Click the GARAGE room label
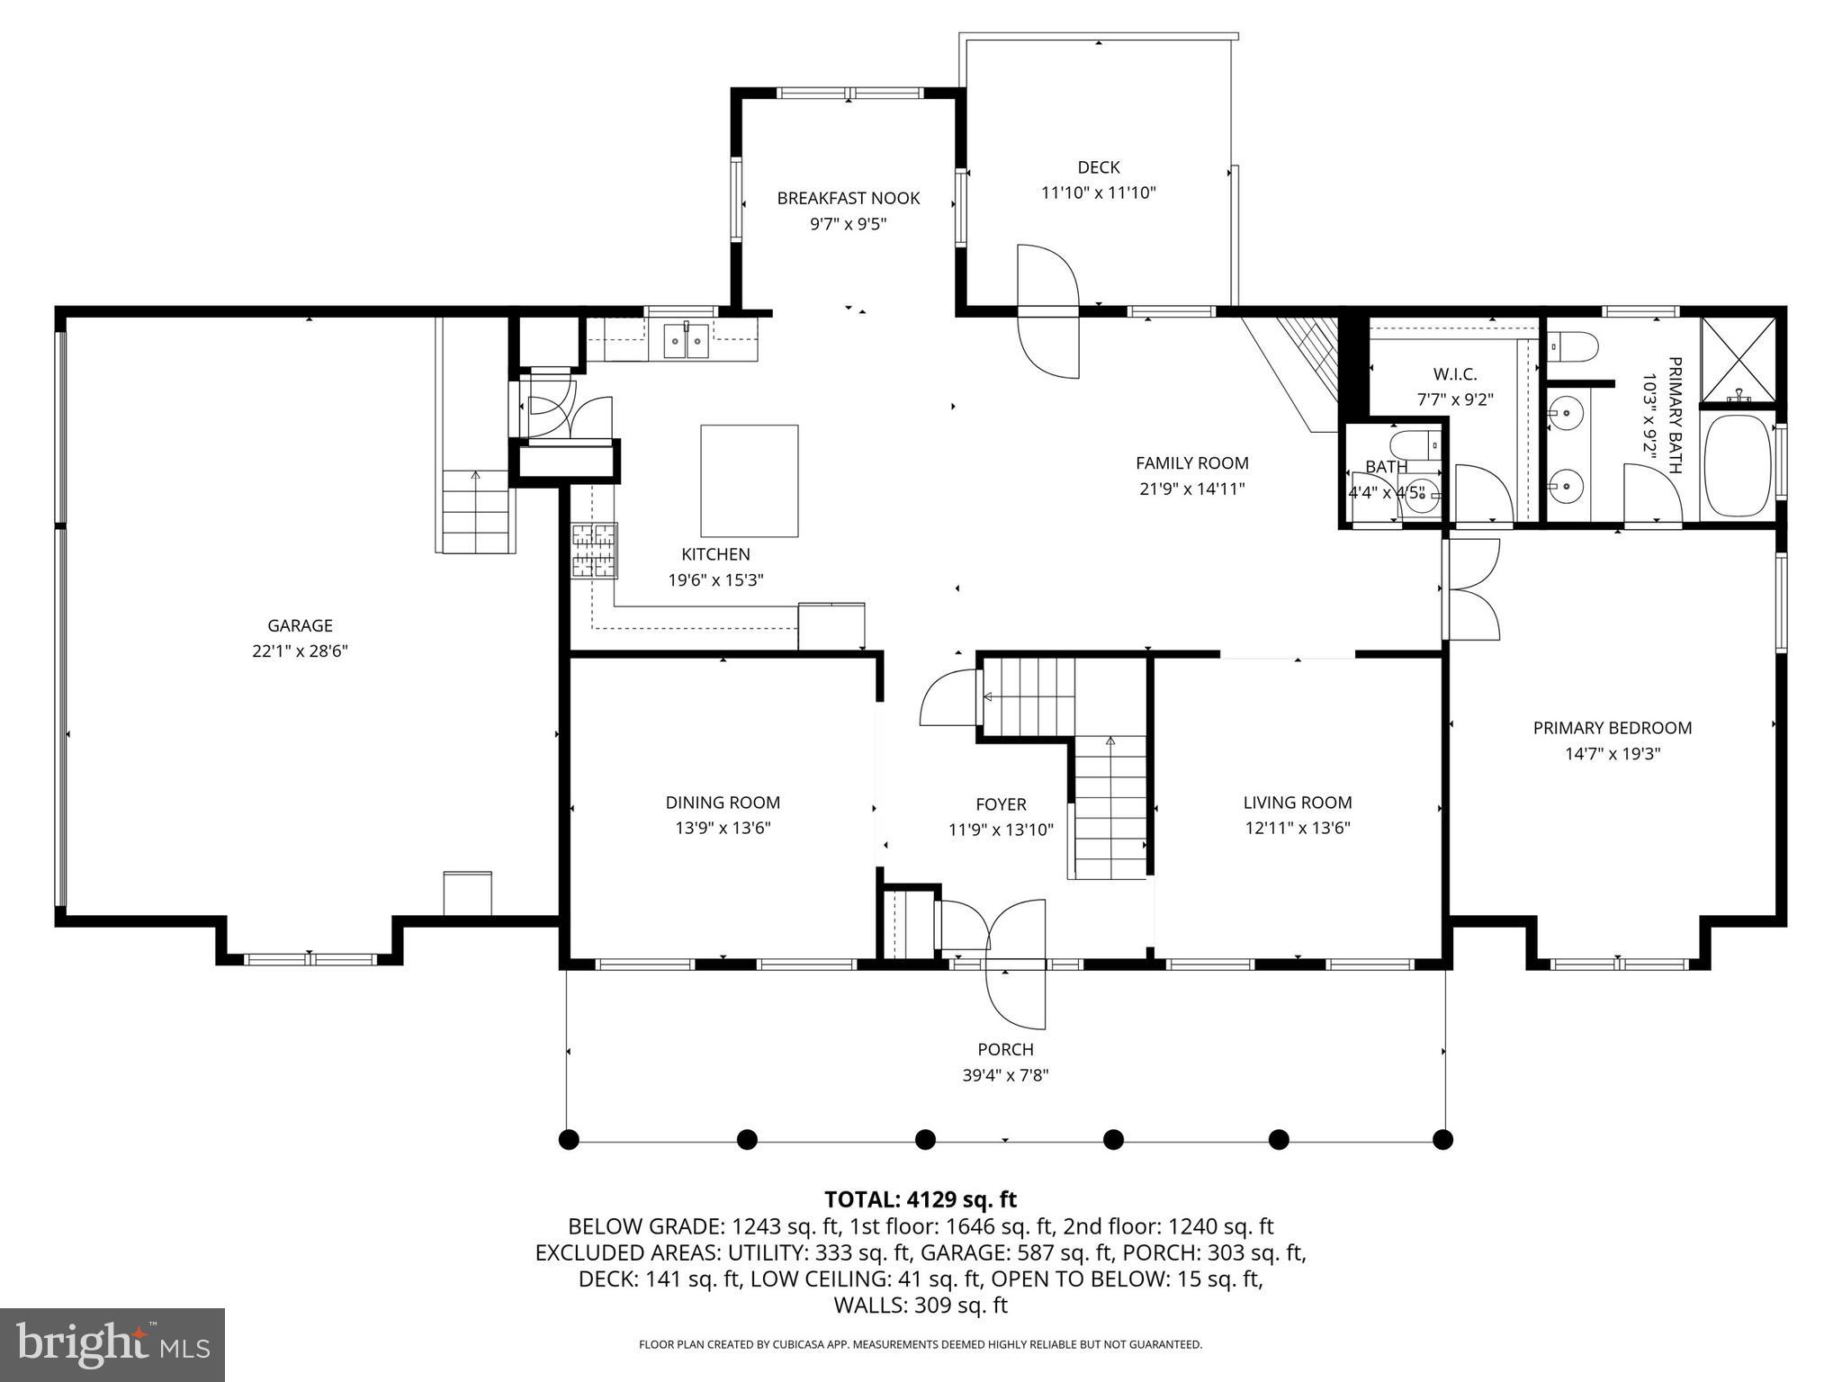(300, 625)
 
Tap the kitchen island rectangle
(749, 480)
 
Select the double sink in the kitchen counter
(687, 340)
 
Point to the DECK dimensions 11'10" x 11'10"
(1098, 193)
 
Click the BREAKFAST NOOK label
(848, 198)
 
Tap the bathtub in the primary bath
(1736, 465)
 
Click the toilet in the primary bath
(1573, 345)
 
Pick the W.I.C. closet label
(1454, 374)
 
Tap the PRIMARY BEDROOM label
(1612, 728)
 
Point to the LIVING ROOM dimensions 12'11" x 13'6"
(1297, 828)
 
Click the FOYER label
(1001, 804)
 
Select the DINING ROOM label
(723, 803)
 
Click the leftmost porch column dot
(568, 1140)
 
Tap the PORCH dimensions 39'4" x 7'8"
(1005, 1075)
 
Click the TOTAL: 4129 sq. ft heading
(920, 1199)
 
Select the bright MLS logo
(112, 1344)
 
